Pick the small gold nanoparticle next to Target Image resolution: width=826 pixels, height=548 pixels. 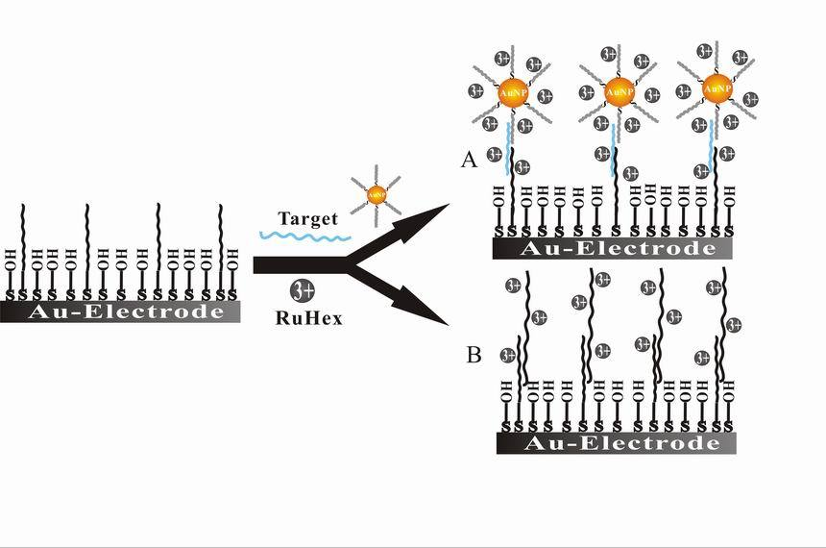371,196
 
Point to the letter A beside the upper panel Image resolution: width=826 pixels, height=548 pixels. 470,160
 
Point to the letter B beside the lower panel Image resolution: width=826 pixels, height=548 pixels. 474,355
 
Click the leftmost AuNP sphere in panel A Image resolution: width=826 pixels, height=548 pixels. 512,92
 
